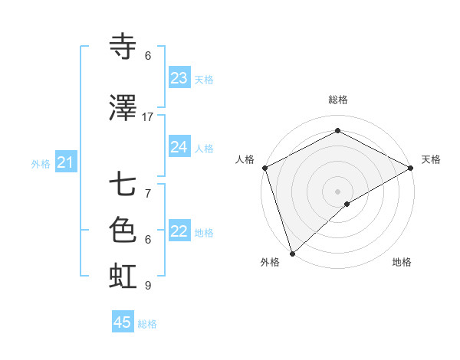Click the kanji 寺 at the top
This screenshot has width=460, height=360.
pos(123,47)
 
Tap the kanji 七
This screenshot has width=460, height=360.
pos(123,185)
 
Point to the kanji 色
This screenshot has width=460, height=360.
pos(123,229)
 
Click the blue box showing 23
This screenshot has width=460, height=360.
pos(179,78)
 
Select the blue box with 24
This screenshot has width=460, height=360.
pos(179,147)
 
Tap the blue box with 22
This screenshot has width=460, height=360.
pos(179,231)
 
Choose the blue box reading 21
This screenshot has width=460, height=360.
pos(66,162)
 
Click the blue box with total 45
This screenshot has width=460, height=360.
pos(123,322)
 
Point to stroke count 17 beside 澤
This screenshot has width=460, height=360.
pos(148,116)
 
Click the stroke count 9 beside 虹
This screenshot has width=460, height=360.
pos(148,286)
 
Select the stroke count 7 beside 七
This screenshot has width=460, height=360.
pos(148,193)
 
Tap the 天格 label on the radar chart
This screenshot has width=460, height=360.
pos(431,159)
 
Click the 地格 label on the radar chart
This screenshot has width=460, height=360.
pos(402,262)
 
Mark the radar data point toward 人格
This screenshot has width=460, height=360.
pos(264,168)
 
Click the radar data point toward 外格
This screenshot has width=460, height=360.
pos(292,254)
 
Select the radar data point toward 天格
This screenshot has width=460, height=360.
pos(411,168)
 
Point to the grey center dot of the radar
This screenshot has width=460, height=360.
pos(337,191)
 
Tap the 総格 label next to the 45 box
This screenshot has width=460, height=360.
pos(147,324)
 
